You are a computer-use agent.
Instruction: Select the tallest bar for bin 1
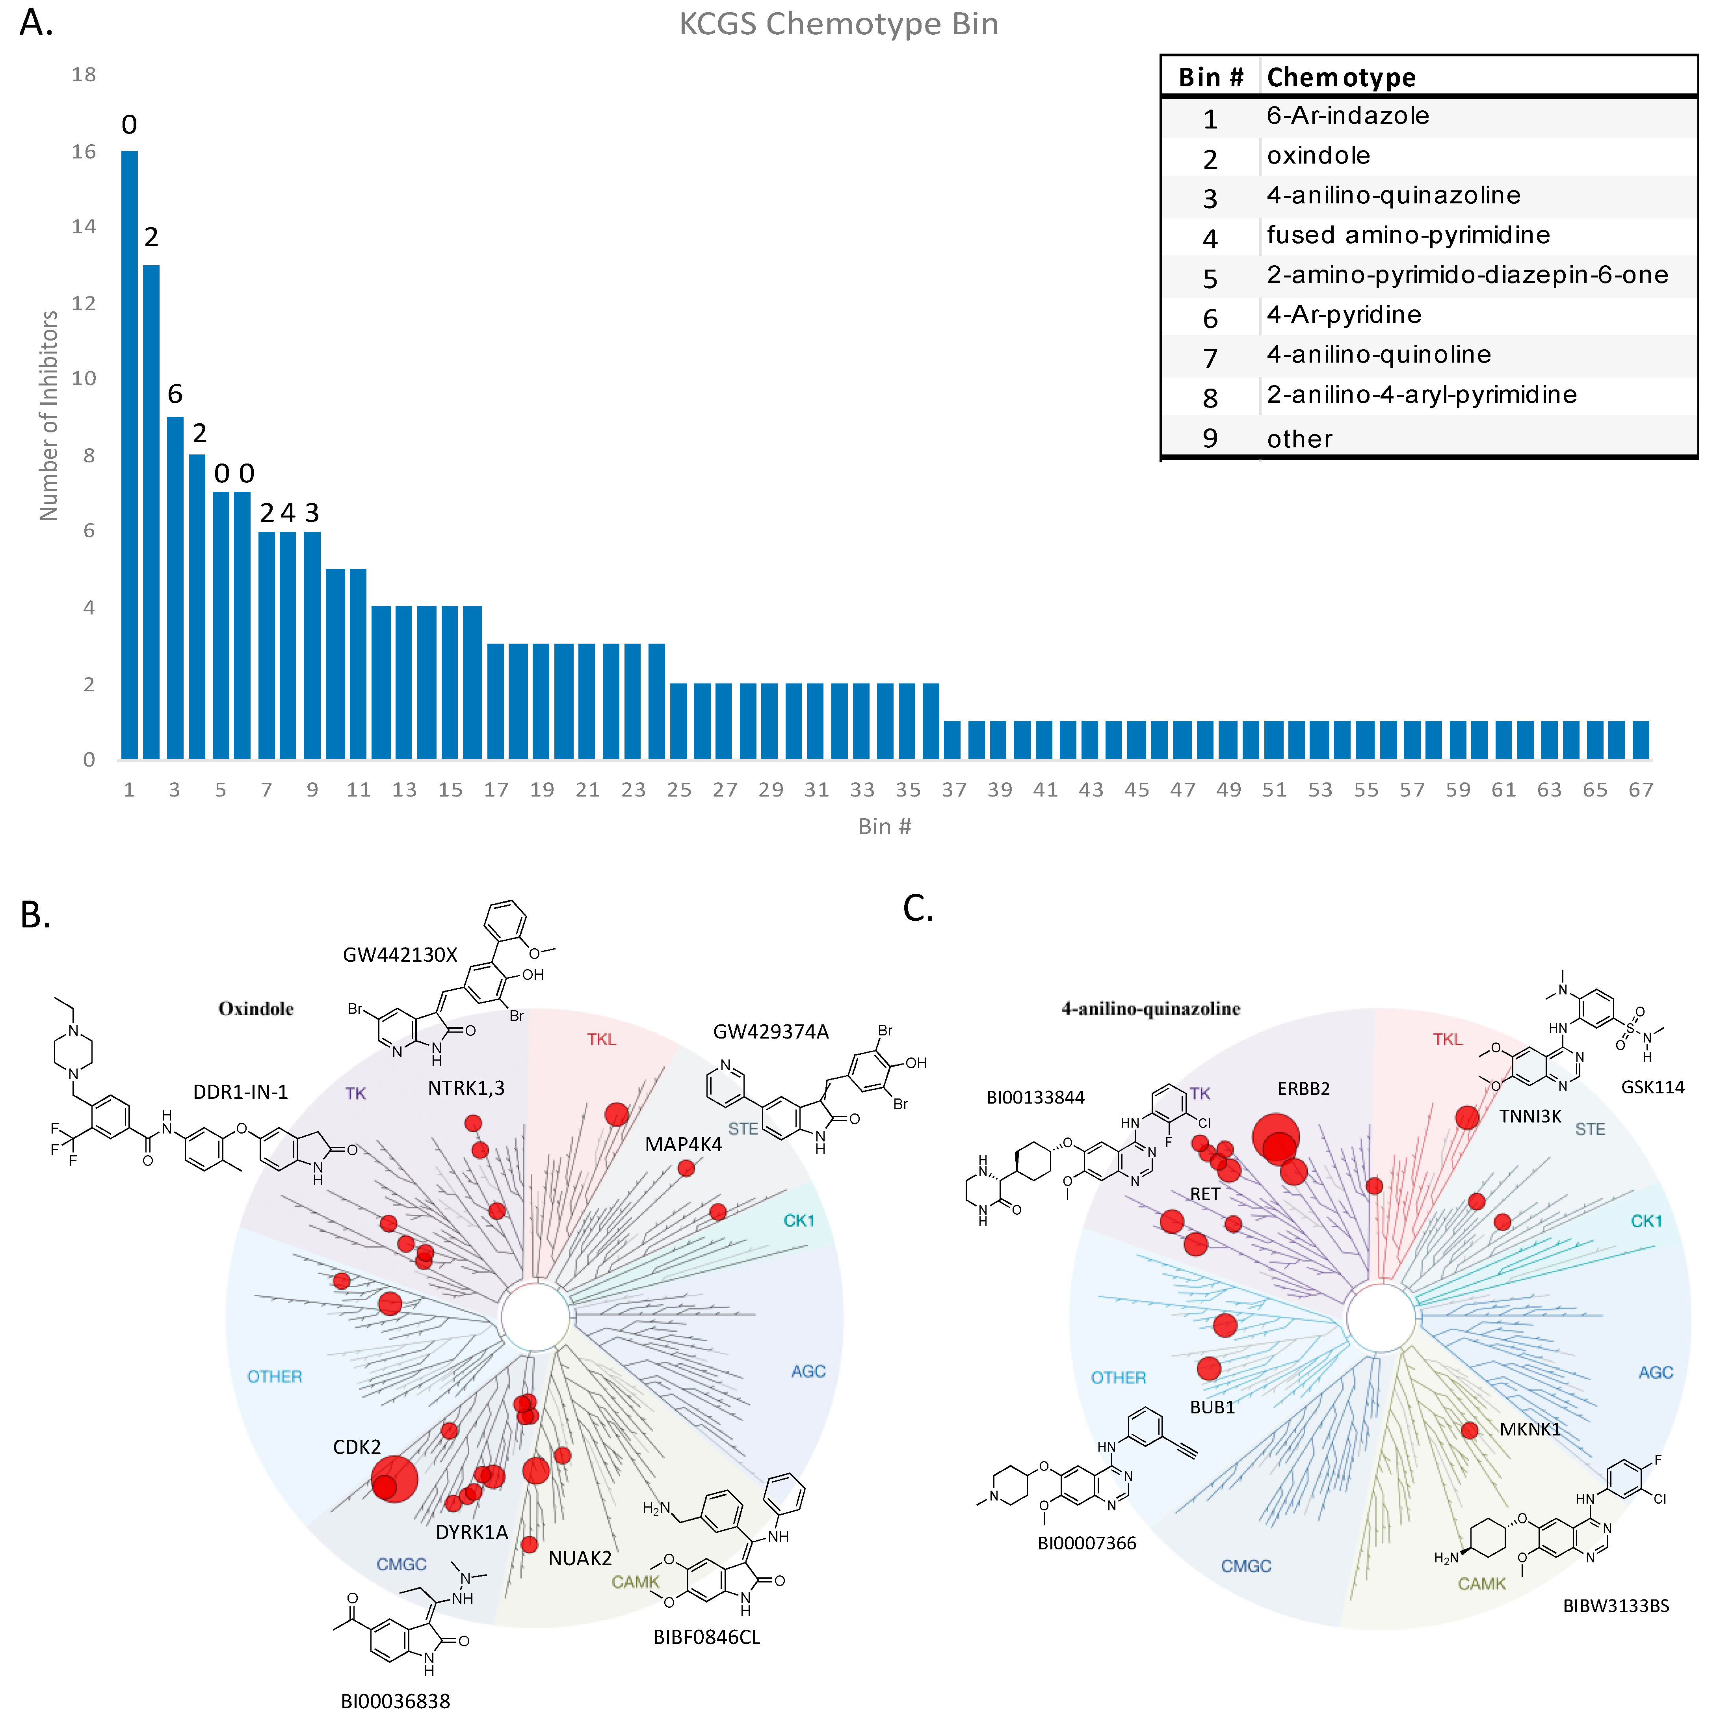pos(129,454)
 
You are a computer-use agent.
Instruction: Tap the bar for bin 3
pos(175,588)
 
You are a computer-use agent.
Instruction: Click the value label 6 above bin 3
pos(175,394)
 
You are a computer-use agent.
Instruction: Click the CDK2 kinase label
pos(357,1446)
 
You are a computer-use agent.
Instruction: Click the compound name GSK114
pos(1652,1087)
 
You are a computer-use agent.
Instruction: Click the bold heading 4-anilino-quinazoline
pos(1150,1008)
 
